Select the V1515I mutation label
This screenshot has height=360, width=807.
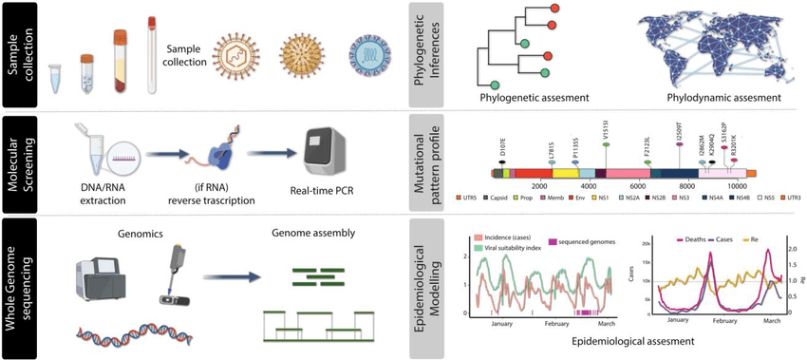click(x=606, y=128)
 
